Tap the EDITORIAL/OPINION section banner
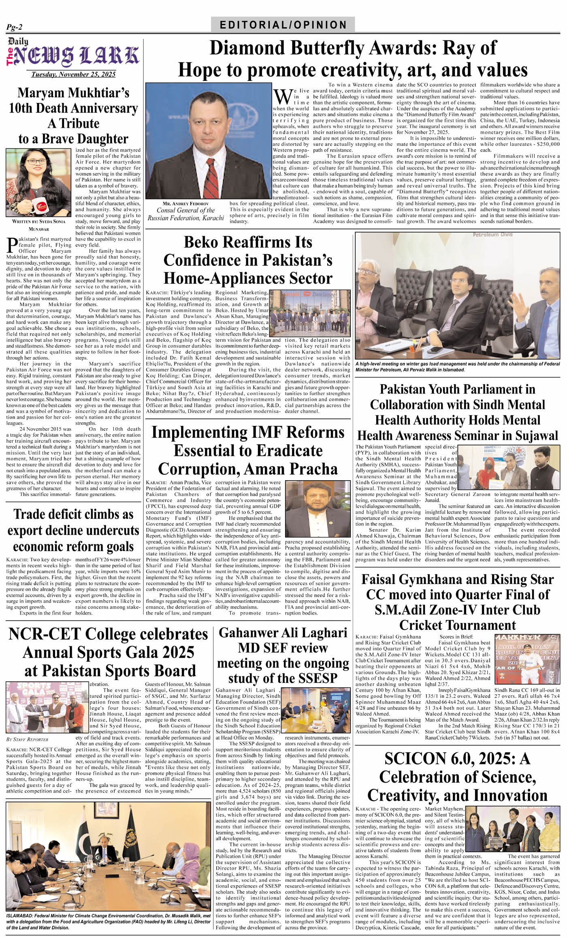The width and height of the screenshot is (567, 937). pos(283,25)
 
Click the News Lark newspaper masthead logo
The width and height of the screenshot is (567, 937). pos(74,55)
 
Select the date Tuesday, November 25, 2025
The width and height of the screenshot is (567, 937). pos(74,74)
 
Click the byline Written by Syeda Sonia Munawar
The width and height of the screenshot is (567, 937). pos(38,225)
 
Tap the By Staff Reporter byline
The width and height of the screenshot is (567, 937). pos(28,739)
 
